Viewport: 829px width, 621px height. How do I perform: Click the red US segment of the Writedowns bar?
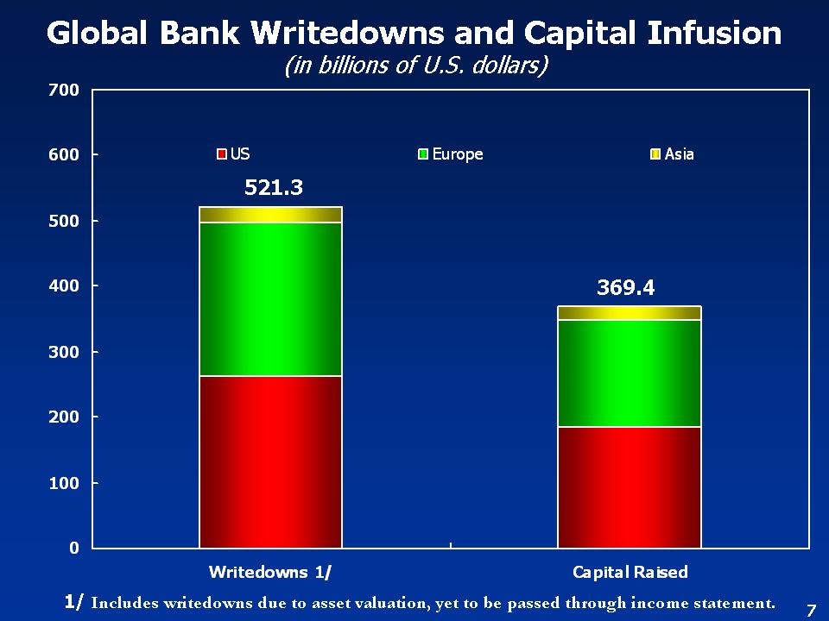pyautogui.click(x=270, y=461)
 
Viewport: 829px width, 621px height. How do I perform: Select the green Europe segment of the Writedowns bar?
pyautogui.click(x=270, y=299)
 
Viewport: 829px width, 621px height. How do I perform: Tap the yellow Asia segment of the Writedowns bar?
pyautogui.click(x=270, y=215)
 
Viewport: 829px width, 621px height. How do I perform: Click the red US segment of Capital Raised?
pyautogui.click(x=629, y=487)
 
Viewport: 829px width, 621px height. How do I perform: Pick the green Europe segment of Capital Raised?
pyautogui.click(x=629, y=373)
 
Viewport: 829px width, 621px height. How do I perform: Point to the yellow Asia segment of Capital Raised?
pyautogui.click(x=629, y=313)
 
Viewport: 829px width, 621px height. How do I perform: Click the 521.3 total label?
pyautogui.click(x=274, y=187)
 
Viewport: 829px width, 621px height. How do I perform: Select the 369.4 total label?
pyautogui.click(x=626, y=288)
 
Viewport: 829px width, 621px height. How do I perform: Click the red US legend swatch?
pyautogui.click(x=222, y=154)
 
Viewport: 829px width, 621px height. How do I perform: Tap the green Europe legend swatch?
pyautogui.click(x=423, y=154)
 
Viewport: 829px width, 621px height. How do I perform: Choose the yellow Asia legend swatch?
pyautogui.click(x=655, y=154)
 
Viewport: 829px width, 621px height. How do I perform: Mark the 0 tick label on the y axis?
pyautogui.click(x=74, y=548)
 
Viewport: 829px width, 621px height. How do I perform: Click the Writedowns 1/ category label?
pyautogui.click(x=270, y=573)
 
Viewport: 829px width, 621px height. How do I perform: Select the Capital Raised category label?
pyautogui.click(x=630, y=573)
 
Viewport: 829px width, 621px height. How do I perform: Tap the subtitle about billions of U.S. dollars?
pyautogui.click(x=416, y=66)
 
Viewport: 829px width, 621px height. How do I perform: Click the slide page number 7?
pyautogui.click(x=810, y=610)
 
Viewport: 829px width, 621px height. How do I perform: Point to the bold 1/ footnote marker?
pyautogui.click(x=74, y=601)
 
